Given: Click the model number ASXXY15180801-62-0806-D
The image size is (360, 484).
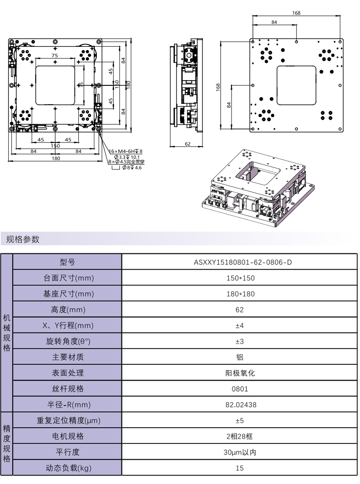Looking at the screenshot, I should point(239,263).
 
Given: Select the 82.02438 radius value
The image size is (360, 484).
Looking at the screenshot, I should point(239,404).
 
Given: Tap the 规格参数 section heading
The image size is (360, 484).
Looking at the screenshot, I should point(23,239).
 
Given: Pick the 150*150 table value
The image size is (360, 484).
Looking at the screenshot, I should point(239,278).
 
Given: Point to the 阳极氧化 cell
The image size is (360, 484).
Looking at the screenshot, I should point(239,373).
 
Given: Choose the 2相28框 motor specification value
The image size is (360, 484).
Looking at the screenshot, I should point(239,436).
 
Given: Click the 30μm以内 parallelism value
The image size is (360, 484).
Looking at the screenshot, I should point(239,452).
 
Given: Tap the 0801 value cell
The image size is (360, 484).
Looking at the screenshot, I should point(239,389).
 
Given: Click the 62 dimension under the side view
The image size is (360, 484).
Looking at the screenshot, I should point(187,144).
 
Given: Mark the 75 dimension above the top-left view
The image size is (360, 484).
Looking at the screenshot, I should point(55,56).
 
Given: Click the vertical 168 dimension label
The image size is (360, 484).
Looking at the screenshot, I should point(218,88).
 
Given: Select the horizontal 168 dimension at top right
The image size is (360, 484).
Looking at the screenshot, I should point(296,13).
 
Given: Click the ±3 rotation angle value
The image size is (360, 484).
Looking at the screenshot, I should point(239,341).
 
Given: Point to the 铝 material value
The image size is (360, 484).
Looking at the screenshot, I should point(239,357).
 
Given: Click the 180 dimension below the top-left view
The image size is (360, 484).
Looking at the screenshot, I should point(56,158).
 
